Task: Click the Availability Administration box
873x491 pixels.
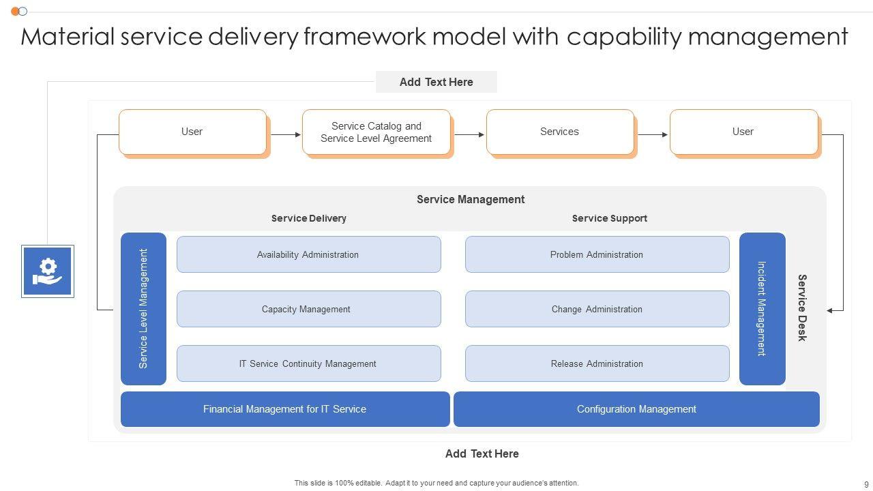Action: [308, 254]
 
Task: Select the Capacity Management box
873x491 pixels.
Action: [308, 309]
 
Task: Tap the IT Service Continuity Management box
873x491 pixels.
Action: [308, 363]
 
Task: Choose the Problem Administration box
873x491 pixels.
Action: [597, 254]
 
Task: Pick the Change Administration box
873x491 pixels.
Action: [597, 309]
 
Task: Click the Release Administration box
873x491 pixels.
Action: [597, 363]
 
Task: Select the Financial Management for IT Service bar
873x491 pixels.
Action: [285, 409]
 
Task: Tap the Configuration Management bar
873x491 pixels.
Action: [636, 409]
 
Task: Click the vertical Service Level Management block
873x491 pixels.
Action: [143, 309]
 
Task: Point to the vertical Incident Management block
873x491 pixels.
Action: [762, 309]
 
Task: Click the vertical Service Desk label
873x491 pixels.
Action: [803, 308]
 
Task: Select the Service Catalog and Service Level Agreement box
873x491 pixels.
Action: [376, 132]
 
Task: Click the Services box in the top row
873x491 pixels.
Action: [559, 132]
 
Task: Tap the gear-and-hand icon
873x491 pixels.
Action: [48, 271]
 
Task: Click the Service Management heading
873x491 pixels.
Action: [471, 199]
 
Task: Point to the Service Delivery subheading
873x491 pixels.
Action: [308, 218]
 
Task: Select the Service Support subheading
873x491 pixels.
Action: [609, 218]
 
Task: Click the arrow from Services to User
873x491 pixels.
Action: [652, 134]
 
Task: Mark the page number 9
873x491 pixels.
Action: [866, 484]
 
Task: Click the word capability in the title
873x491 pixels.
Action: [624, 36]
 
